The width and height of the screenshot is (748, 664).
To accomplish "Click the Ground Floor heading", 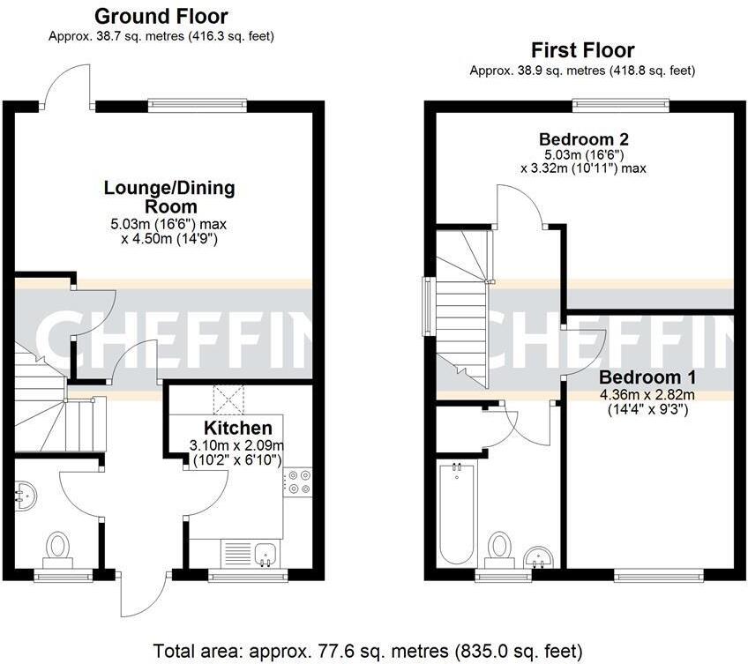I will coord(161,16).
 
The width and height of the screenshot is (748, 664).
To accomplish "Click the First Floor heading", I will coord(581,50).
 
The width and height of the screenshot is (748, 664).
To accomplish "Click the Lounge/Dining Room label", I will coord(169,197).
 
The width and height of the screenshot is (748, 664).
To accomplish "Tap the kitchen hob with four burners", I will coord(295,481).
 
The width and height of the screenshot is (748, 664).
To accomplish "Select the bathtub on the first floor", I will coord(456,513).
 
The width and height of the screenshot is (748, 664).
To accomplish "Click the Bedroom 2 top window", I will coord(620,105).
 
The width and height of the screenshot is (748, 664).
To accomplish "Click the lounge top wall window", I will coord(198,106).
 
